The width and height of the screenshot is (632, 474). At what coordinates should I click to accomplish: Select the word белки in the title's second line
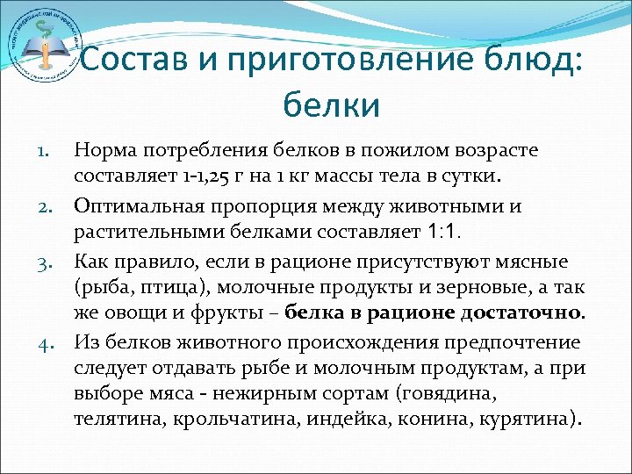(x=332, y=105)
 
